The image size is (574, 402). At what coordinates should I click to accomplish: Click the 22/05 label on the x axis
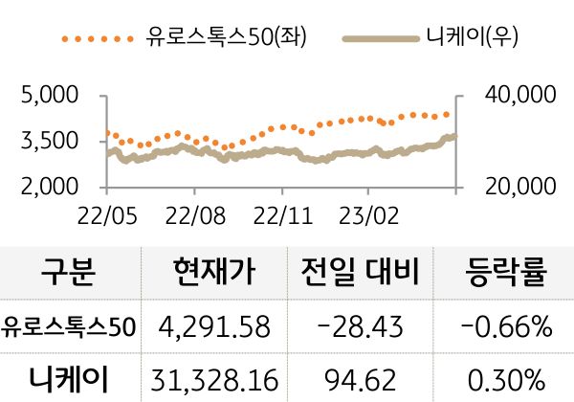coord(106,211)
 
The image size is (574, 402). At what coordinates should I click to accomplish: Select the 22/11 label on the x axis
coord(283,211)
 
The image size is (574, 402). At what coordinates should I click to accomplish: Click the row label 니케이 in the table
coord(69,376)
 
